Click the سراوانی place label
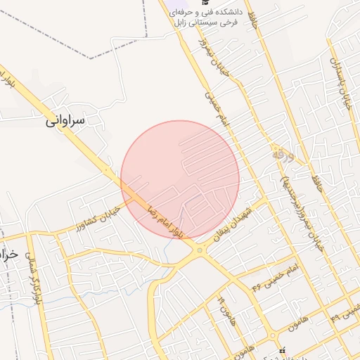click(x=65, y=120)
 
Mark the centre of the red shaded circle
click(x=180, y=179)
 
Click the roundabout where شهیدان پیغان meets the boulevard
click(x=201, y=250)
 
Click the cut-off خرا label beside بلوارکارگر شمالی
click(x=8, y=254)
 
